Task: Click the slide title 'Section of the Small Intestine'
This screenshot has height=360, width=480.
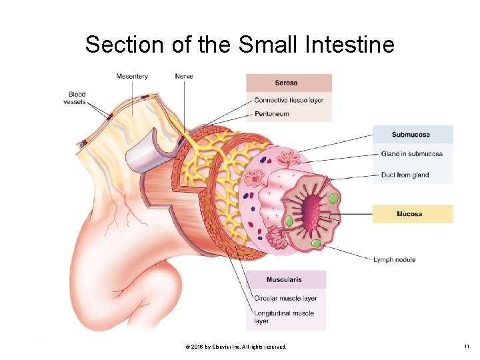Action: (x=239, y=45)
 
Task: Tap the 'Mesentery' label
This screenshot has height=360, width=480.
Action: (x=132, y=76)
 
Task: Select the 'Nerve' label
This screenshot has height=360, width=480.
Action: (x=184, y=76)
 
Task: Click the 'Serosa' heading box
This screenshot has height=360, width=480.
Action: (x=289, y=83)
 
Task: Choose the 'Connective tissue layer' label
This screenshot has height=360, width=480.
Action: (x=289, y=100)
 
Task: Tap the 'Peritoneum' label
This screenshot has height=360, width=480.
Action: (x=271, y=114)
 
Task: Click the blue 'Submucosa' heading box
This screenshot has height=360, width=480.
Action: (x=413, y=135)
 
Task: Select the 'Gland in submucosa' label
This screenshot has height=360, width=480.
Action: (x=411, y=154)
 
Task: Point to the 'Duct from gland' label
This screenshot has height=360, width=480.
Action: (x=405, y=175)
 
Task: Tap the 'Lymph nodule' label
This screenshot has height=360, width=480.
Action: (x=394, y=259)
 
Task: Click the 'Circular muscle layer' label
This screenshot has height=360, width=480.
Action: (x=285, y=298)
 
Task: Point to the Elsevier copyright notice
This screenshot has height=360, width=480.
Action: (x=236, y=347)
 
